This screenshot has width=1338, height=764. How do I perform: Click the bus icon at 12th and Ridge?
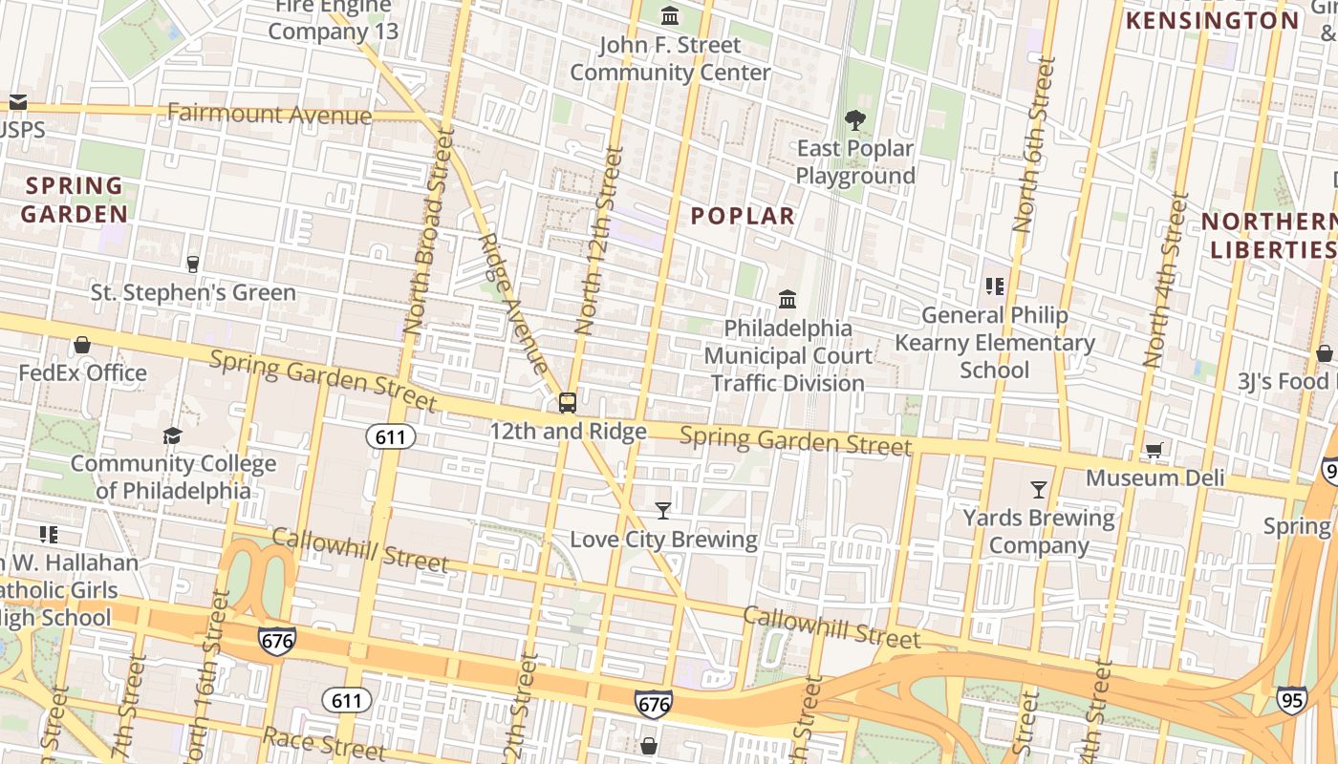click(x=568, y=403)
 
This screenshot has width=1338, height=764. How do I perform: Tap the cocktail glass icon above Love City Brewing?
click(x=663, y=511)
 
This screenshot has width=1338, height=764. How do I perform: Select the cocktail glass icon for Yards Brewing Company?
click(x=1039, y=490)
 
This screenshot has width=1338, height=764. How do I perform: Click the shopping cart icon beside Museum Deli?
click(x=1155, y=450)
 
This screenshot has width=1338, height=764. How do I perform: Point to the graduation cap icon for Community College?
click(x=172, y=435)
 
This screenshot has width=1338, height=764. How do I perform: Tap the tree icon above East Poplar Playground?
click(x=854, y=120)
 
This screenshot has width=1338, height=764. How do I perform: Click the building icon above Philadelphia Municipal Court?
click(x=788, y=300)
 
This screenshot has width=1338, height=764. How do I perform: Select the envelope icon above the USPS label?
click(x=17, y=102)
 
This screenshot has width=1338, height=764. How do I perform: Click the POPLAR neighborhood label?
click(x=743, y=216)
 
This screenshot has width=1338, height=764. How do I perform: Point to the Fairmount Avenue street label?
click(x=270, y=115)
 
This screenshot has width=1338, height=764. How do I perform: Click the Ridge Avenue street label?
click(x=513, y=304)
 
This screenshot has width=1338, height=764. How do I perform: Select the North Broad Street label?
click(x=427, y=233)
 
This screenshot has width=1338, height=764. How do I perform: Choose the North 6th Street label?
click(x=1035, y=145)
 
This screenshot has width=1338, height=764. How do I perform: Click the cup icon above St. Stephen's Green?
click(x=193, y=264)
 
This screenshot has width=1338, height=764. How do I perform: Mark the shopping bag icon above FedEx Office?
click(x=82, y=345)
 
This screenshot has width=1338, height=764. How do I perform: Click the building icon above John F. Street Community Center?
click(x=670, y=16)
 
